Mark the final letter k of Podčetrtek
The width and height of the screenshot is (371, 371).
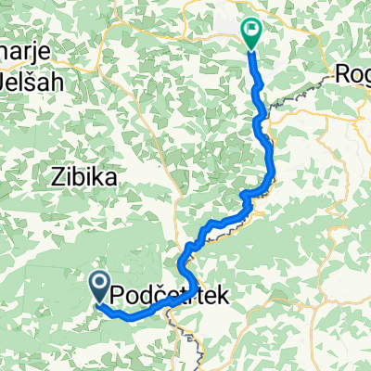pyautogui.click(x=219, y=295)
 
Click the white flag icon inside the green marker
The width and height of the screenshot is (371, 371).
pyautogui.click(x=251, y=30)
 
